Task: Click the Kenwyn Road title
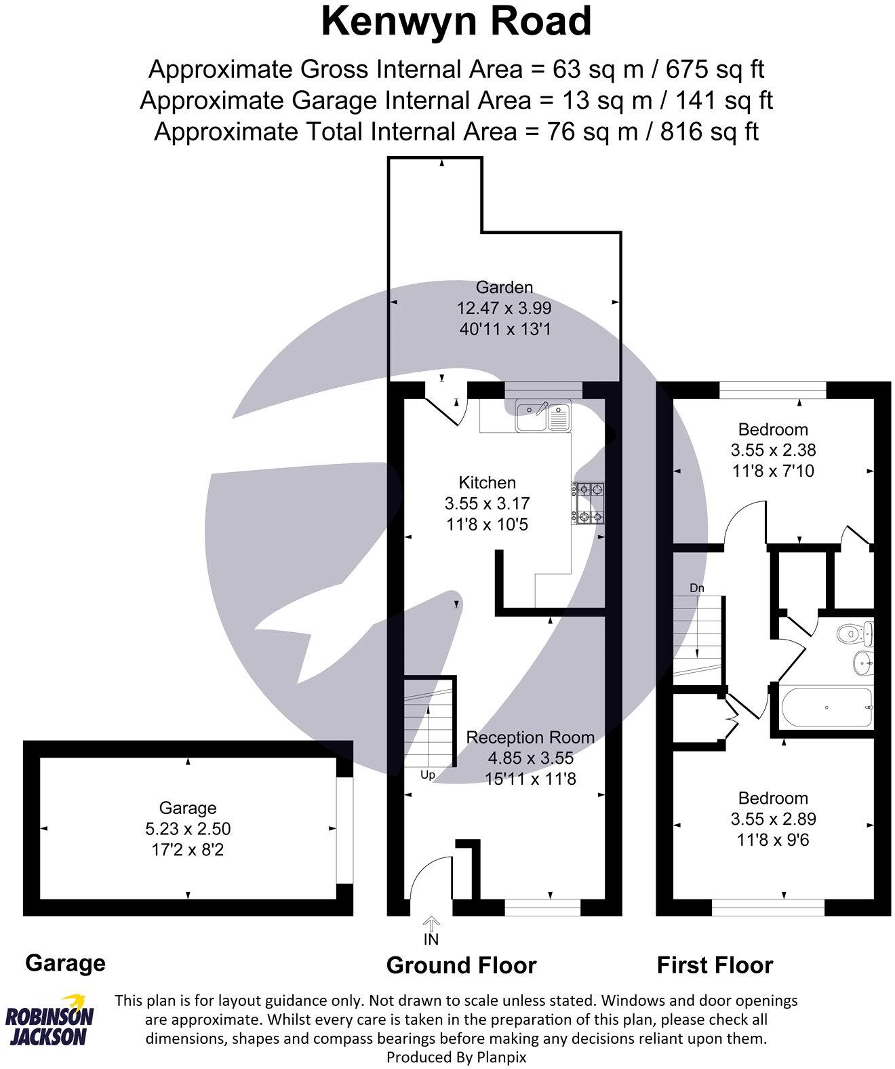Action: [456, 22]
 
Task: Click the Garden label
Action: [504, 287]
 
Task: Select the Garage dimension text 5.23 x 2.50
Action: [188, 828]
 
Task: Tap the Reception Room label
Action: [530, 737]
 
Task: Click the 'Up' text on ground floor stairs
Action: [428, 775]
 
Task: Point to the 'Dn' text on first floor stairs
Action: [697, 588]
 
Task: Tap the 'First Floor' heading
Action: [715, 965]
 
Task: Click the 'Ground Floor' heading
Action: [461, 965]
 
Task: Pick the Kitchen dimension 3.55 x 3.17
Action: [487, 503]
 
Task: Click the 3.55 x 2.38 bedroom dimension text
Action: [773, 450]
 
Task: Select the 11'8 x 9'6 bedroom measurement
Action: [773, 840]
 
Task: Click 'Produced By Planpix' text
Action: [456, 1057]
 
